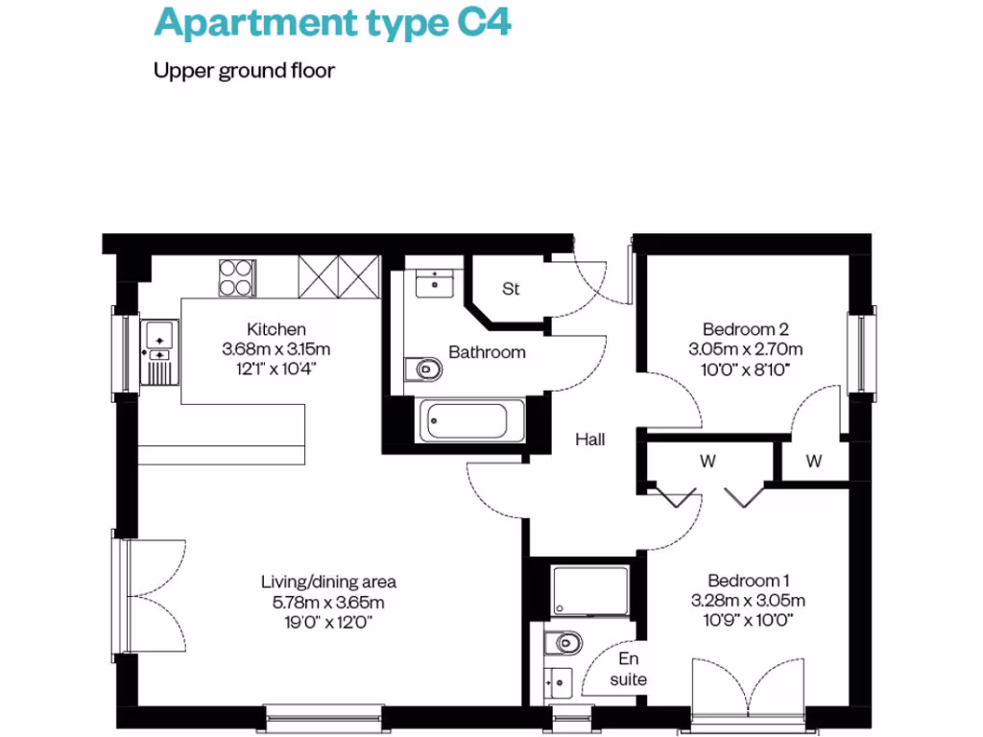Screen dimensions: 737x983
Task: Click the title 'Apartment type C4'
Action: (332, 23)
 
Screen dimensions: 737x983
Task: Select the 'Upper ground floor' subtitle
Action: (244, 71)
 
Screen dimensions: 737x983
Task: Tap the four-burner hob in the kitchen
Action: (237, 278)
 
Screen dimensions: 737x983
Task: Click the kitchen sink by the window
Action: (158, 336)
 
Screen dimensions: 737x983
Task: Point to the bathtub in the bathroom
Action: (469, 420)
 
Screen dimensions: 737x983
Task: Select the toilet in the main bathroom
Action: (423, 368)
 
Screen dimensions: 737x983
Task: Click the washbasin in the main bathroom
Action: (436, 282)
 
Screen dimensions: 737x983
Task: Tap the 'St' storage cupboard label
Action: (511, 289)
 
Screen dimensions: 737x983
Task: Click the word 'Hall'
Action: (590, 440)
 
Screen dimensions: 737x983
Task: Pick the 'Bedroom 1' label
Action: (748, 581)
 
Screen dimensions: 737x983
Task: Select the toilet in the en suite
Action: (563, 641)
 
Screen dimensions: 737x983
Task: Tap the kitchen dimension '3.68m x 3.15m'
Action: (276, 348)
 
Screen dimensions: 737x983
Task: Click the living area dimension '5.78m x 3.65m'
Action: (328, 603)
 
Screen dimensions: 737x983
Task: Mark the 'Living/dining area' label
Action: (328, 582)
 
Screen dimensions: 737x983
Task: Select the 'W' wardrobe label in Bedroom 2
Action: (814, 462)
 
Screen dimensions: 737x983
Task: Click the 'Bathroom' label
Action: (488, 352)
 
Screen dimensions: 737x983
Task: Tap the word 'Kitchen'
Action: (276, 329)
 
